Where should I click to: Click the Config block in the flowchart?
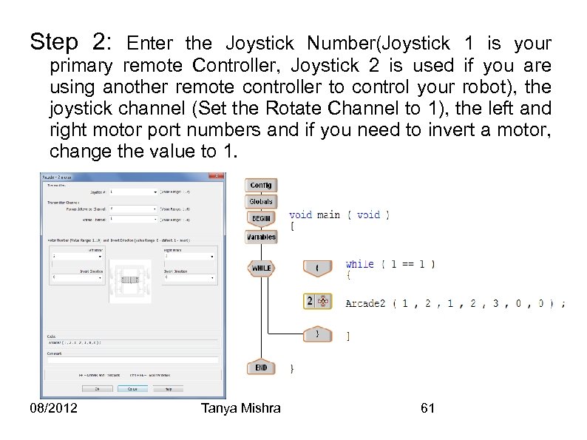[x=260, y=185]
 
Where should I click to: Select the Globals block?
[x=260, y=201]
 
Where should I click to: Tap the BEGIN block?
[x=260, y=219]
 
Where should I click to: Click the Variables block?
[x=260, y=237]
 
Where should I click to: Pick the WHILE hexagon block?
[x=261, y=268]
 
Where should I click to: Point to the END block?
[x=260, y=368]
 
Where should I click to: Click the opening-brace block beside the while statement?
[x=317, y=268]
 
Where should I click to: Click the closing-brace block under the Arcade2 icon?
[x=317, y=334]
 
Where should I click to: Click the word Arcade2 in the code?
[x=365, y=303]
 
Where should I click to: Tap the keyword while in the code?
[x=359, y=264]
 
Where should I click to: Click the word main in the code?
[x=328, y=215]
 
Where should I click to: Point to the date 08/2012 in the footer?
[x=54, y=408]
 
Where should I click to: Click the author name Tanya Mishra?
[x=240, y=408]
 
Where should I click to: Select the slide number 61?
[x=427, y=408]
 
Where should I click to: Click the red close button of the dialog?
[x=216, y=176]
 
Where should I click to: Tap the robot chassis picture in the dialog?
[x=130, y=279]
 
